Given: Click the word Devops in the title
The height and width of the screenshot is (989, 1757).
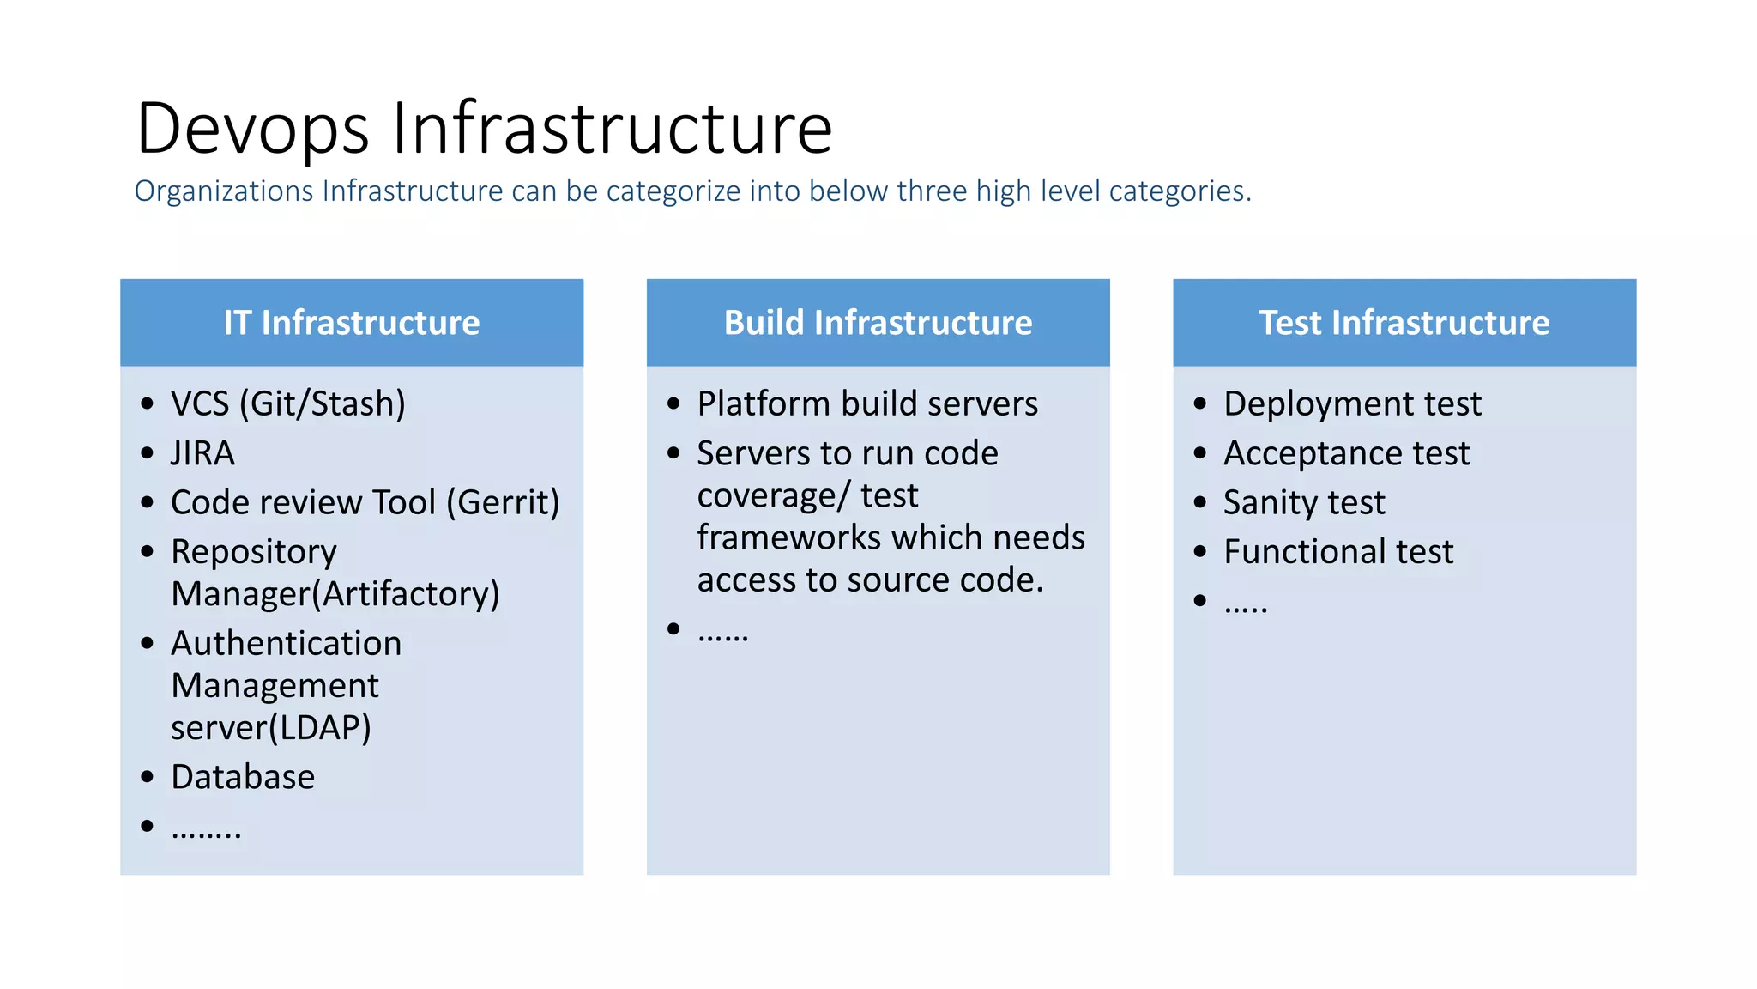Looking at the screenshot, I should point(252,129).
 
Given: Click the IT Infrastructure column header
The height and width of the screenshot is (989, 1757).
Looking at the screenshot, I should point(352,323).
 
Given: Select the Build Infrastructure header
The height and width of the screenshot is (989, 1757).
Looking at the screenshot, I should point(878,323).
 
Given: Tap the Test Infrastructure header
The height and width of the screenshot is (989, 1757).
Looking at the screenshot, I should point(1404,323).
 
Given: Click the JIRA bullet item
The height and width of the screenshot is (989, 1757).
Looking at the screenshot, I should point(202,453).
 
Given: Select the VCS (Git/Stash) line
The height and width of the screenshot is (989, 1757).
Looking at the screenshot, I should point(287,403).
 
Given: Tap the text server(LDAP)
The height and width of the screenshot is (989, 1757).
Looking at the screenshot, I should point(271,728).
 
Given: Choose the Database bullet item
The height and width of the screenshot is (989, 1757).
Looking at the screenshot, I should point(243,777).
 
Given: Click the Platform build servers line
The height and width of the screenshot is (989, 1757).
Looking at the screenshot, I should point(867,403).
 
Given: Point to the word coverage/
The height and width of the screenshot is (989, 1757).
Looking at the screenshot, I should point(772,496).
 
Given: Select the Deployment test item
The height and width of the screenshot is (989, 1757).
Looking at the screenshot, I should point(1352,403).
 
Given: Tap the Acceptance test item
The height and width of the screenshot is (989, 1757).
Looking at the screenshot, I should point(1346,453).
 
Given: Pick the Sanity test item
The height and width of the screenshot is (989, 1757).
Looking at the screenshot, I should point(1304,502).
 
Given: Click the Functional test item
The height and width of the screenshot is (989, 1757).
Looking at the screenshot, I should point(1338,551).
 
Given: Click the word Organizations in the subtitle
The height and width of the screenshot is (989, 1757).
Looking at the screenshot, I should point(224,191).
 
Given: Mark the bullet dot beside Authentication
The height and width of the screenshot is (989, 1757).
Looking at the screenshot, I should point(148,643).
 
